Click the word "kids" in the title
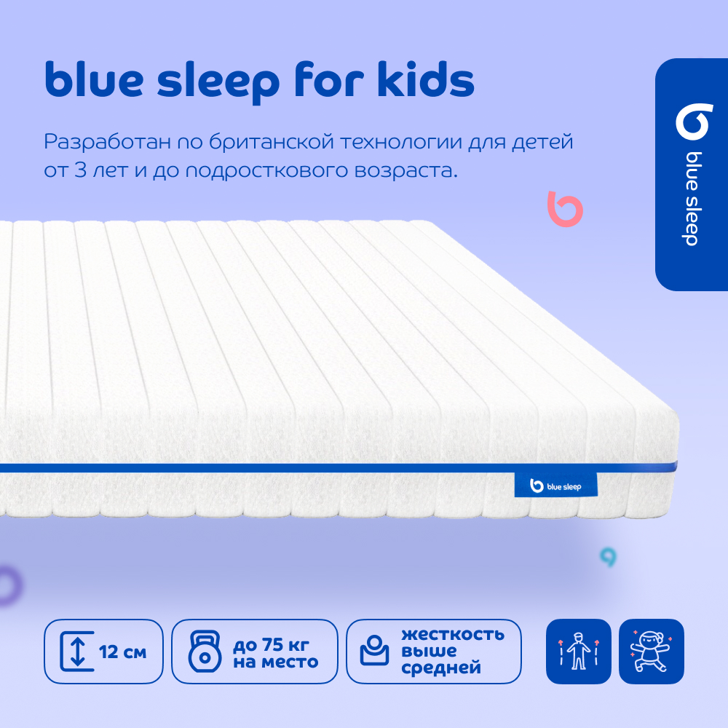coord(426,79)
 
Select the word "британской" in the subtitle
coord(271,141)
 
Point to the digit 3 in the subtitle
coord(80,170)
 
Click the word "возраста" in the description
coord(406,171)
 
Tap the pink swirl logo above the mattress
coord(565,209)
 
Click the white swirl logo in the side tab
coord(694,122)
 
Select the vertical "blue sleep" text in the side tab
coord(692,199)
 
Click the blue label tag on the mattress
coord(555,485)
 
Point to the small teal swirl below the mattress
coord(608,557)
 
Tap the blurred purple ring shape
coord(10,586)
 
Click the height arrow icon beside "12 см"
coord(77,652)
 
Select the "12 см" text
coord(122,652)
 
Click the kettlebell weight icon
coord(205,652)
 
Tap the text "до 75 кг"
coord(271,644)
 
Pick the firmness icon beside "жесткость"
coord(374,650)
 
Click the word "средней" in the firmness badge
coord(441,668)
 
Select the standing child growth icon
coord(578,651)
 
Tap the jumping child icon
coord(651,651)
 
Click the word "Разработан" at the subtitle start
coord(107,142)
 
